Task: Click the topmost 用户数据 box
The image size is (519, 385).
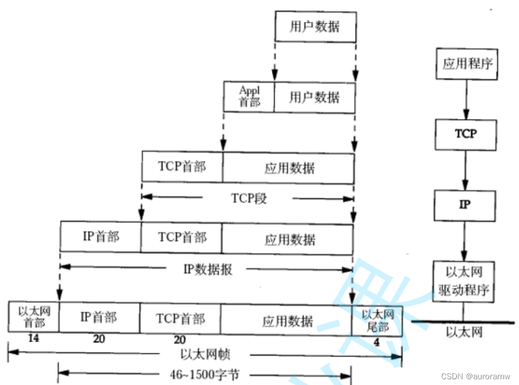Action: point(315,27)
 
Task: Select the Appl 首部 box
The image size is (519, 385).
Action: point(249,96)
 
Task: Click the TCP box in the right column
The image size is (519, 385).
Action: point(465,134)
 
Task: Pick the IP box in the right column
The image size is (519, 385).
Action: point(465,205)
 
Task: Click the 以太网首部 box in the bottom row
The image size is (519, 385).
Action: point(33,317)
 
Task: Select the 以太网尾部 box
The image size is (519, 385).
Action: point(377,320)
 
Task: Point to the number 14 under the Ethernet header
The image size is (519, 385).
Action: point(33,339)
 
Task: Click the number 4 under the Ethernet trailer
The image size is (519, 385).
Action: point(377,342)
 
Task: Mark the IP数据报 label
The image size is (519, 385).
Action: point(207,269)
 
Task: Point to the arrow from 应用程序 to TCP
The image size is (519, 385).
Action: point(465,99)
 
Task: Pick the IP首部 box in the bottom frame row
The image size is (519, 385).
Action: point(99,317)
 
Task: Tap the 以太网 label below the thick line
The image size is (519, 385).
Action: point(464,333)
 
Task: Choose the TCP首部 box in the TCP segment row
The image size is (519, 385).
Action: point(182,167)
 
